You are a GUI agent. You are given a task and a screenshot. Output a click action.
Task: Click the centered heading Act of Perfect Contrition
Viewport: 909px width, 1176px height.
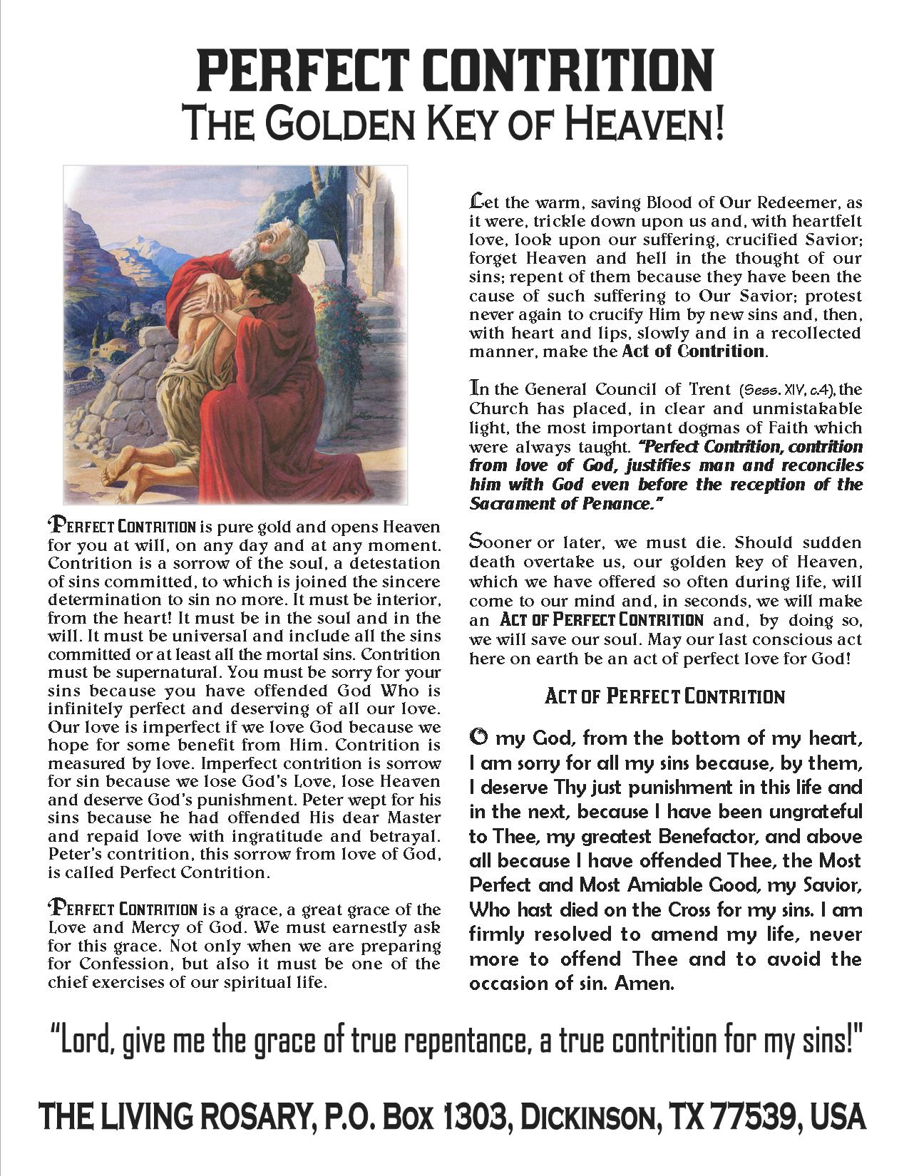(664, 696)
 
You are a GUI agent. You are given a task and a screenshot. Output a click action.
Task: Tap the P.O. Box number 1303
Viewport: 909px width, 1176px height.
(476, 1117)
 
